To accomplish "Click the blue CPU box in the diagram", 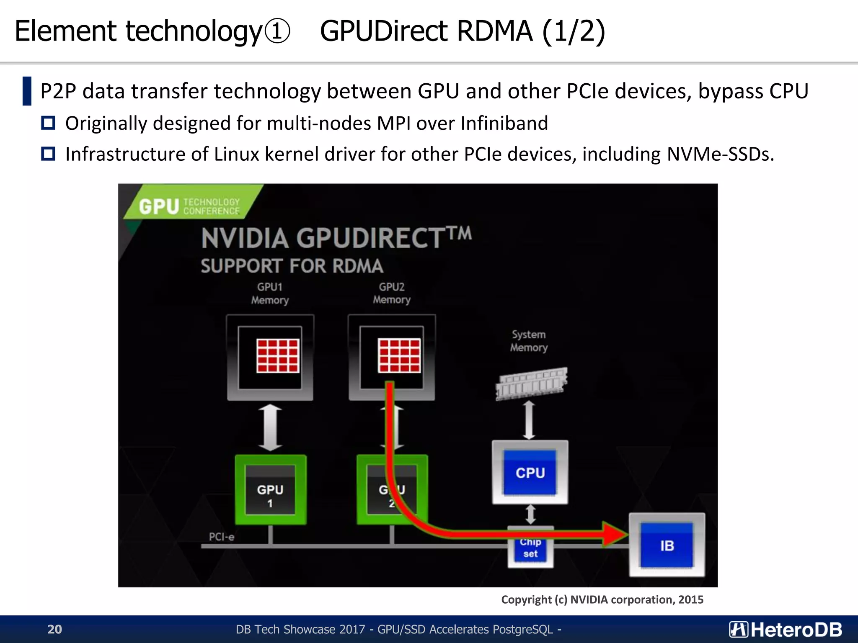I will point(530,472).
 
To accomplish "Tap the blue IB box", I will point(667,545).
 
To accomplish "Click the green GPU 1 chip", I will point(270,490).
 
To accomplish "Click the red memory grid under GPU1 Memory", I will point(278,355).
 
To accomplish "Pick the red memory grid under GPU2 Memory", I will point(399,355).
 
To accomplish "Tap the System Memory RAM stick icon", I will point(531,383).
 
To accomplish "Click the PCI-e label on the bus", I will point(222,537).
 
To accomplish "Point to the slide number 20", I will point(54,629).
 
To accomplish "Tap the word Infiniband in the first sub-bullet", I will point(504,123).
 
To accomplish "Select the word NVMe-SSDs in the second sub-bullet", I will point(720,154).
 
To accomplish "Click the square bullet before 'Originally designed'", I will point(48,123).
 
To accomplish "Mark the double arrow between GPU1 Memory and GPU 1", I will point(270,427).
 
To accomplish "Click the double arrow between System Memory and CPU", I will point(529,419).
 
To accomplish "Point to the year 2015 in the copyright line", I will point(691,599).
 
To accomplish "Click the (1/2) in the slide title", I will point(574,31).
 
